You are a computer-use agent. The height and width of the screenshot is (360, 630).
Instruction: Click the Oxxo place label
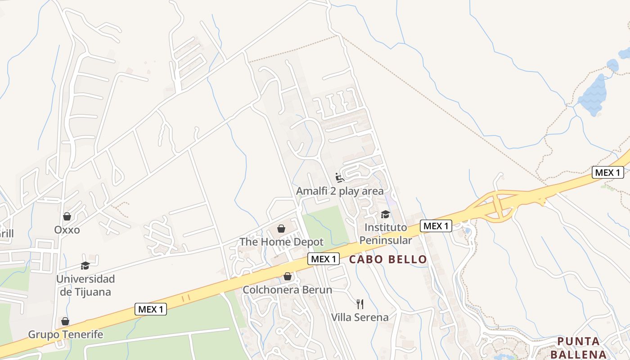click(x=67, y=230)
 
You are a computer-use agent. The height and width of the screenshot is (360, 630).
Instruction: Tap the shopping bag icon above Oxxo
click(x=67, y=216)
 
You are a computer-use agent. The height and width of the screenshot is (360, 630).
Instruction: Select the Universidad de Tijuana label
click(x=85, y=285)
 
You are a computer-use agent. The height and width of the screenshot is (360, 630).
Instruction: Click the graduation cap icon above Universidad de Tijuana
click(x=85, y=265)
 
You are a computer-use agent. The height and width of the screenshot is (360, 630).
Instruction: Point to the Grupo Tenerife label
click(x=66, y=334)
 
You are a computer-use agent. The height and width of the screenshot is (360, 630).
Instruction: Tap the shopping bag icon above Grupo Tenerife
click(x=65, y=321)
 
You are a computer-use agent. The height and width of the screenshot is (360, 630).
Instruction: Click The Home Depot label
click(x=281, y=242)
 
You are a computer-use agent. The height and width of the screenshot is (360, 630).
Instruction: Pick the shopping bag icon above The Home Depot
click(x=281, y=229)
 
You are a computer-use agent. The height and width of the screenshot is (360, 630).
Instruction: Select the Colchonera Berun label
click(x=287, y=290)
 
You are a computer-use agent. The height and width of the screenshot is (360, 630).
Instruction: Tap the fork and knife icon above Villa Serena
click(x=360, y=304)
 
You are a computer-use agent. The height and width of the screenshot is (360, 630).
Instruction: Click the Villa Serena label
click(x=360, y=317)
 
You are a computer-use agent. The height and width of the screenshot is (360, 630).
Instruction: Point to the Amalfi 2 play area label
click(x=340, y=191)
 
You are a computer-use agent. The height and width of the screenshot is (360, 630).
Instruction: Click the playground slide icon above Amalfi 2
click(x=340, y=178)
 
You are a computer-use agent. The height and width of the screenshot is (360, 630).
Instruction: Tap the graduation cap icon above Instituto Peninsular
click(x=385, y=214)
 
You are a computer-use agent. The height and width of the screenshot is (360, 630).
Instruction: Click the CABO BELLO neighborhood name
click(x=388, y=259)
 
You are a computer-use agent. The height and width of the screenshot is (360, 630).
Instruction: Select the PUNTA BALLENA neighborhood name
click(x=578, y=347)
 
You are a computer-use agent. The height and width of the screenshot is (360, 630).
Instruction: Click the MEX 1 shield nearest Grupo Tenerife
click(x=151, y=309)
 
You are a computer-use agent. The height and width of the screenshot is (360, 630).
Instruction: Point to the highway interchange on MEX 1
click(x=497, y=205)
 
